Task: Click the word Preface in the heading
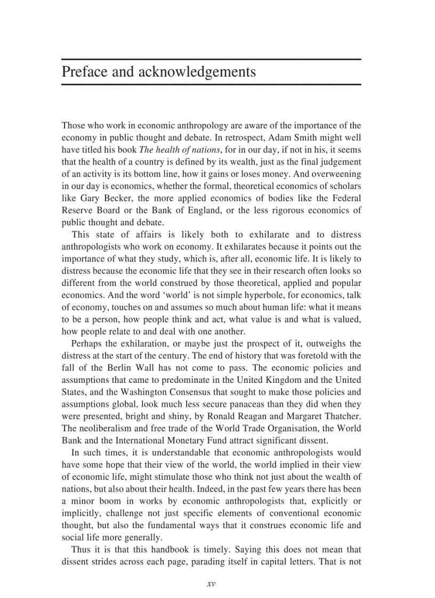click(84, 72)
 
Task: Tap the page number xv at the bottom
click(211, 584)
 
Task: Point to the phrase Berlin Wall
click(138, 368)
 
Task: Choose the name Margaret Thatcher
click(323, 416)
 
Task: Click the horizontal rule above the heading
click(211, 59)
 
